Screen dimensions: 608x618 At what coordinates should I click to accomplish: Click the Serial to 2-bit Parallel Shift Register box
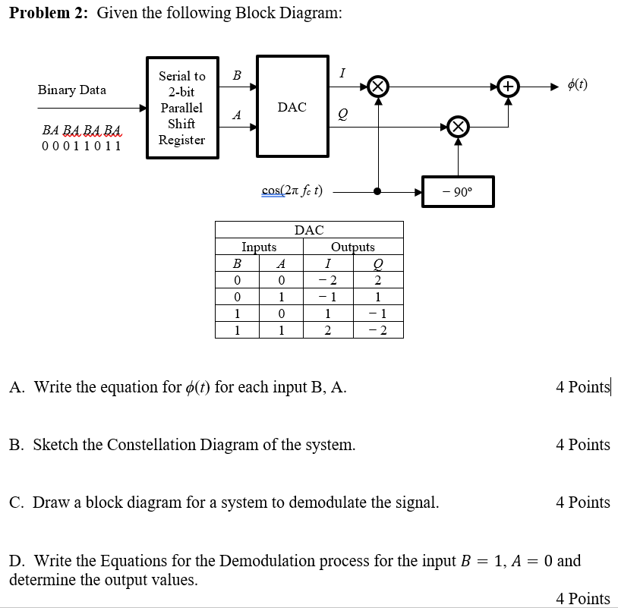(x=181, y=108)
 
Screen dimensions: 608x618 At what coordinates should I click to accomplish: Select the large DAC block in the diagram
(x=292, y=107)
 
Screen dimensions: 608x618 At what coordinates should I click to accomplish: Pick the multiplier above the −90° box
(x=457, y=127)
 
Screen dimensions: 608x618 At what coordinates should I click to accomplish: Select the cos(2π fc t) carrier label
(x=292, y=191)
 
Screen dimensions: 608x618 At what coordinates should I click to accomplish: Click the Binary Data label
(x=72, y=90)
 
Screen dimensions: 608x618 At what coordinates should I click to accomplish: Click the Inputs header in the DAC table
(x=259, y=247)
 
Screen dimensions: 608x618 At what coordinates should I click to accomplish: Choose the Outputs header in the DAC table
(x=353, y=247)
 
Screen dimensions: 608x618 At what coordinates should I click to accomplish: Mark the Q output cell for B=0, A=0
(x=378, y=281)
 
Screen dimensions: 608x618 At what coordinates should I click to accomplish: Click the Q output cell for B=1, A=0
(x=378, y=314)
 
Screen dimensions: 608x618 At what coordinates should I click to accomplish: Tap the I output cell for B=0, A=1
(x=327, y=298)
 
